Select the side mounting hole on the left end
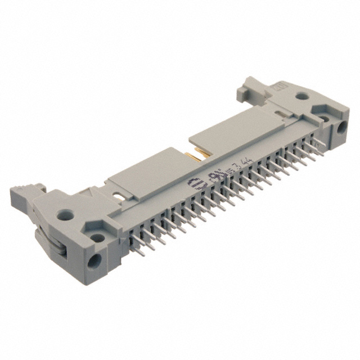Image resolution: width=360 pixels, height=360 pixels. pos(93,260)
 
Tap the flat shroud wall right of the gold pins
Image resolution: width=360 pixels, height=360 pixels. pos(242,121)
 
